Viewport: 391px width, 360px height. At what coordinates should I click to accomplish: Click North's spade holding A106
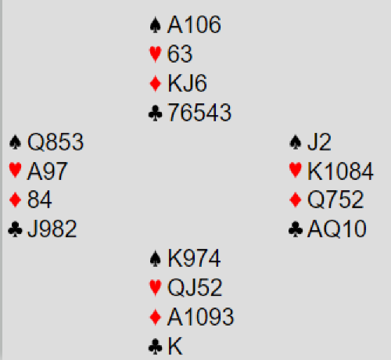(194, 24)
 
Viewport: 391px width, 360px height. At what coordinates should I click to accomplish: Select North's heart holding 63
(180, 54)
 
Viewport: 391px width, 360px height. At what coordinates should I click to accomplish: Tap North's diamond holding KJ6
(187, 83)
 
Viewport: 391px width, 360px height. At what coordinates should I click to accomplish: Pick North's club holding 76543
(199, 113)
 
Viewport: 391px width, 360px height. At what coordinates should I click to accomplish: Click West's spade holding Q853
(56, 142)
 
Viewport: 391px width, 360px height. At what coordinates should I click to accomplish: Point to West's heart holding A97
(47, 171)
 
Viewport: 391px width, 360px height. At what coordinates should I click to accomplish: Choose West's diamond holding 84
(39, 200)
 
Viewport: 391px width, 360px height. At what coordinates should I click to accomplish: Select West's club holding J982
(52, 229)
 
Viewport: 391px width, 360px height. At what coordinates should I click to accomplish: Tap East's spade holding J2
(319, 142)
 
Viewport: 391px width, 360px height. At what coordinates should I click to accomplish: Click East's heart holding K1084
(340, 171)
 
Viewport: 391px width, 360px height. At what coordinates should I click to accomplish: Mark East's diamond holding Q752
(335, 200)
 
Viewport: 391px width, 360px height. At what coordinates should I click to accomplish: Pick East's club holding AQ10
(337, 229)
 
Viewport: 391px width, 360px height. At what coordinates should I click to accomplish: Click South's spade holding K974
(194, 258)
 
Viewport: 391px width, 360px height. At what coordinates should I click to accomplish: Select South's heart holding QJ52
(195, 287)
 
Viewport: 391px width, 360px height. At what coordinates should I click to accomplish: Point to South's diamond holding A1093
(200, 317)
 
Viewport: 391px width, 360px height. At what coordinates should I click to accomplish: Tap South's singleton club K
(175, 346)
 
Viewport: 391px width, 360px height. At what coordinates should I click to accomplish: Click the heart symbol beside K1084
(296, 171)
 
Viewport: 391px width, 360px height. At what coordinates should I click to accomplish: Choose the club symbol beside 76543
(156, 113)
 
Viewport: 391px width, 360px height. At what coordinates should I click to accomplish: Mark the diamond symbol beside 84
(15, 200)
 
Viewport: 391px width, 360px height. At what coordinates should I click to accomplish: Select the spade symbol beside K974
(156, 258)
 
